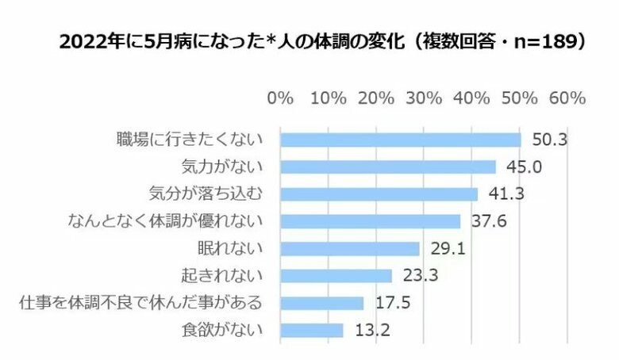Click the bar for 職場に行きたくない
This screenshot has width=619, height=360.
(x=401, y=140)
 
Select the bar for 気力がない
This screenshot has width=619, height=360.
(x=388, y=167)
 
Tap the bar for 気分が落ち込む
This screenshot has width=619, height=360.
(x=379, y=194)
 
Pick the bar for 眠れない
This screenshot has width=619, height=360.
(x=350, y=248)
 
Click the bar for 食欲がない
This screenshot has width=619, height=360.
(x=312, y=330)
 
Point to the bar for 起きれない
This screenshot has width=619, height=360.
(x=336, y=276)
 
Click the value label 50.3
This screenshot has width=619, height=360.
(x=549, y=140)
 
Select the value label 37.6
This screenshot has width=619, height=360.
(x=488, y=221)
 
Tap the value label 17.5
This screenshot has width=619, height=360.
(x=392, y=303)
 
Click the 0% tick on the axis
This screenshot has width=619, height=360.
(x=281, y=99)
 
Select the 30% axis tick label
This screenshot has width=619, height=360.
(x=424, y=99)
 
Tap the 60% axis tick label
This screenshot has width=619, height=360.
(x=567, y=99)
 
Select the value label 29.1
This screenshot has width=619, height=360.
(x=448, y=248)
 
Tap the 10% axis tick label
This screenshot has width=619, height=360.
(x=329, y=99)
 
